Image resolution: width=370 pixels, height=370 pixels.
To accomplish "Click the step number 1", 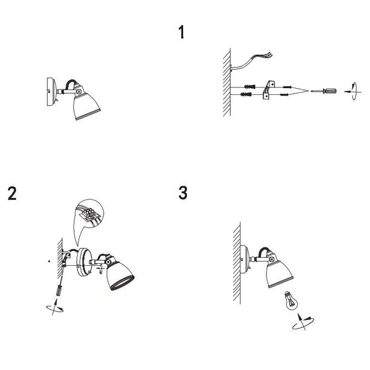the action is pyautogui.click(x=181, y=32).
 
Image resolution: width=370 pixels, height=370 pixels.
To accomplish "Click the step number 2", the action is pyautogui.click(x=12, y=193).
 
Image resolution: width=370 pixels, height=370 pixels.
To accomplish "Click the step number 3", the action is pyautogui.click(x=183, y=193).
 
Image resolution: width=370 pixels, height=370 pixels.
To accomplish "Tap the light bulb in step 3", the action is pyautogui.click(x=291, y=300).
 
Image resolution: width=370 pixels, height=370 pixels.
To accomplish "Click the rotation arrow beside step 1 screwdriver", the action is pyautogui.click(x=353, y=91).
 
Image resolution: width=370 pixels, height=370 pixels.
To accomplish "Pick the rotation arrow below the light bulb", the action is pyautogui.click(x=303, y=321).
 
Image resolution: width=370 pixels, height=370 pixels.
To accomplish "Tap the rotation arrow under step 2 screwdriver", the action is pyautogui.click(x=55, y=307).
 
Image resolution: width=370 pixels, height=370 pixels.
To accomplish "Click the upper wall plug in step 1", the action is pyautogui.click(x=250, y=86).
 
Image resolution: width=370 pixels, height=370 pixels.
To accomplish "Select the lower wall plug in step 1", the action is pyautogui.click(x=246, y=94).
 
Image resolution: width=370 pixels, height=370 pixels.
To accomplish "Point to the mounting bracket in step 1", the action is pyautogui.click(x=269, y=90).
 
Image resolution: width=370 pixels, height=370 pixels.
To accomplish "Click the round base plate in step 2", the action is pyautogui.click(x=84, y=262).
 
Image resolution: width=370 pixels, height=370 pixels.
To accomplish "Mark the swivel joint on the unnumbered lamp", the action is pyautogui.click(x=80, y=91).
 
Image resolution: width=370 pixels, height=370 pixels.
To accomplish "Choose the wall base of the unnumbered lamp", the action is pyautogui.click(x=52, y=91).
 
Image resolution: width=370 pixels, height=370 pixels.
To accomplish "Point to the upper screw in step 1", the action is pyautogui.click(x=287, y=87).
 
